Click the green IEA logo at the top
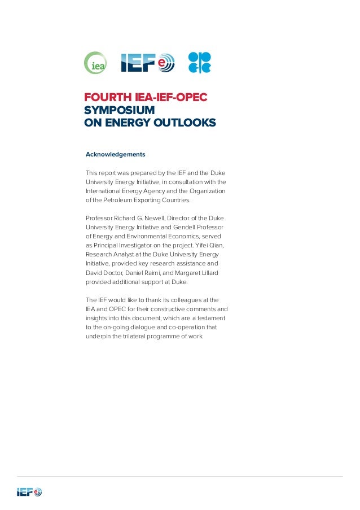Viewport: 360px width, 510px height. coord(95,63)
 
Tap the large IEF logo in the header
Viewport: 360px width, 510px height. coord(148,63)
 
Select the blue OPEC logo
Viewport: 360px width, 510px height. coord(199,63)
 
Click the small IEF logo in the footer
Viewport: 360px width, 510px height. coord(29,492)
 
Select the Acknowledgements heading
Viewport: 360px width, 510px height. coord(115,154)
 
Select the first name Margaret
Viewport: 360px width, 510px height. coord(190,272)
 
